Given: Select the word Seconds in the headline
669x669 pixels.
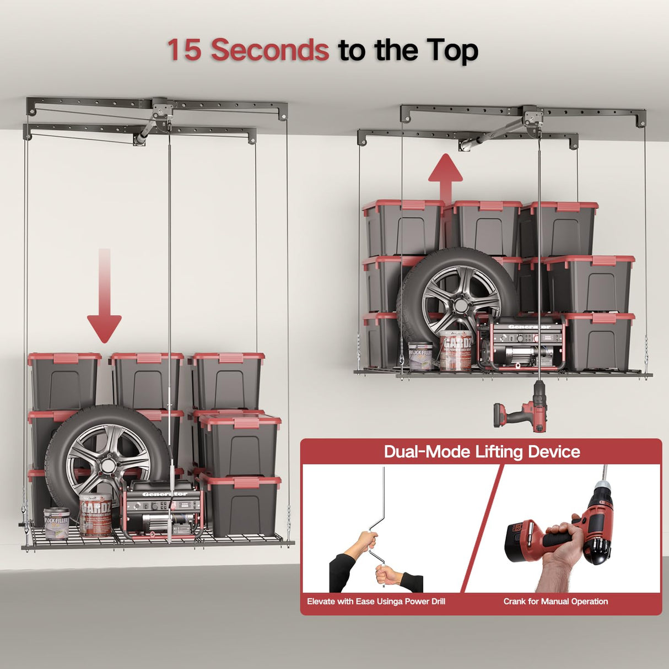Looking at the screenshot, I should point(270,50).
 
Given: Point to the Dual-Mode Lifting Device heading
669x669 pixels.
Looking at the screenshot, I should point(482,452).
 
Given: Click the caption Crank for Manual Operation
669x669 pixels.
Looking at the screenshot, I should point(555,601).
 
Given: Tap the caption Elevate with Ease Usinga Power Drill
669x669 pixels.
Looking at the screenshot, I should point(376,601).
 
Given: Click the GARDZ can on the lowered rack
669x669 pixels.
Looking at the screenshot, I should point(95,515).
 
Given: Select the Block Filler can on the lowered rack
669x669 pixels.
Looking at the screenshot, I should point(57,522).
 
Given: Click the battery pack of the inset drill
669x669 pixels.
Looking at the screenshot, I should point(524,543).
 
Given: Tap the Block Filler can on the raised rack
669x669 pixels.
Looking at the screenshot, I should point(420,356).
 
